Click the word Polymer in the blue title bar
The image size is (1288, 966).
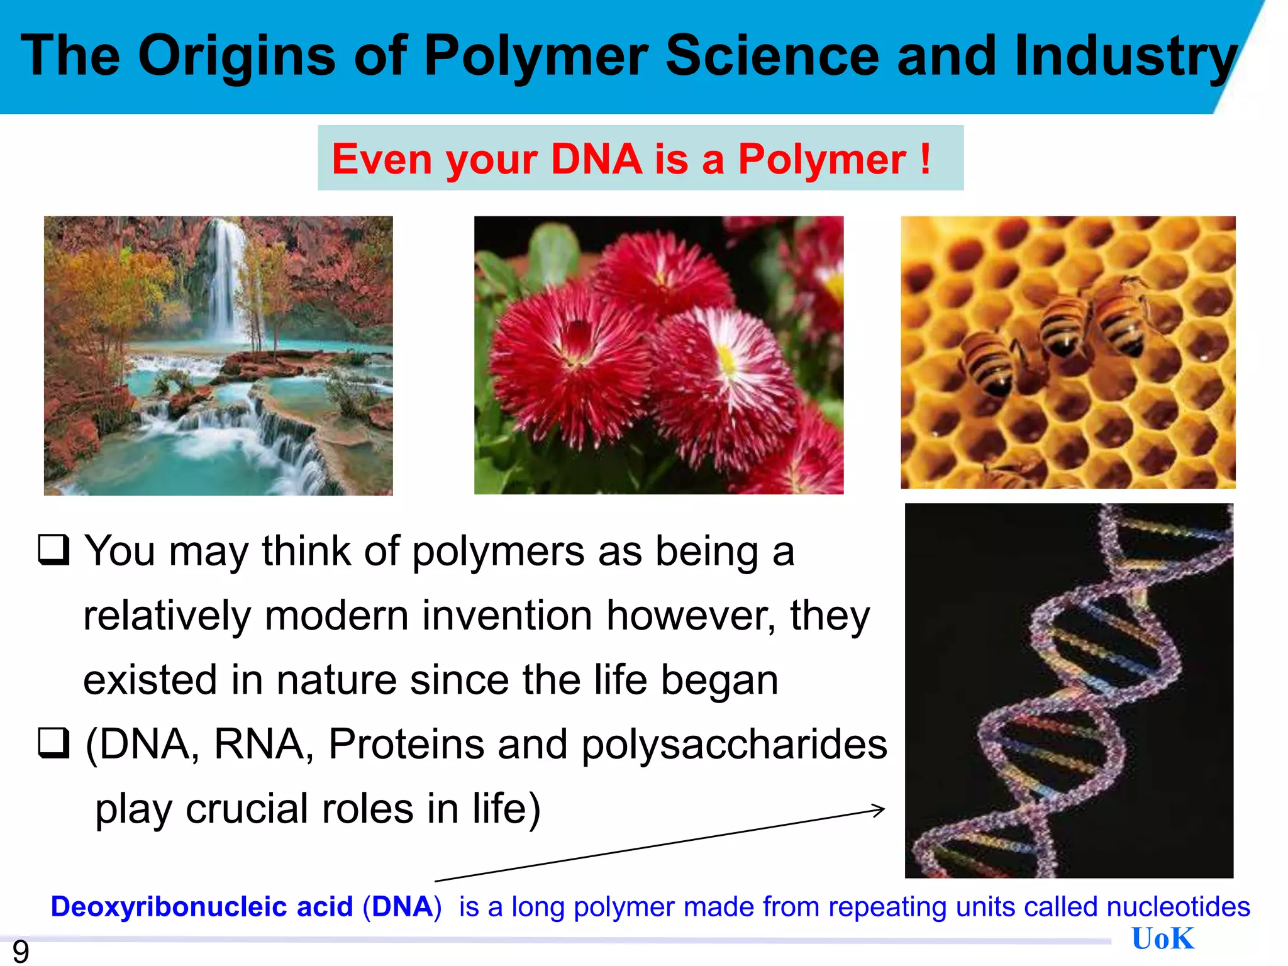[535, 57]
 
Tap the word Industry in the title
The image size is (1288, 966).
[1125, 57]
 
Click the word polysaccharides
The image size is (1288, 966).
[734, 744]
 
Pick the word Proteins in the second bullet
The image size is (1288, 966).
[406, 744]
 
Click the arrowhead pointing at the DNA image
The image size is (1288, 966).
[879, 809]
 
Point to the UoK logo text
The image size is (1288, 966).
[1162, 939]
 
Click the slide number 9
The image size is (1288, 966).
[21, 952]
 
